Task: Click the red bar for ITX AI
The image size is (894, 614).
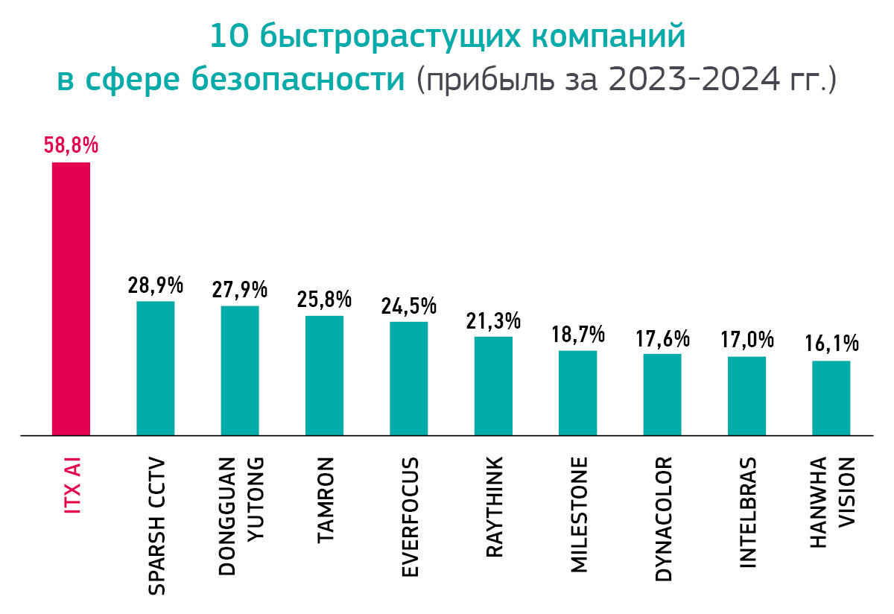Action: pyautogui.click(x=71, y=298)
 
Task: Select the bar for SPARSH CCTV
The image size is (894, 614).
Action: pyautogui.click(x=155, y=368)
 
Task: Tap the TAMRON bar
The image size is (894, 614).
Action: pyautogui.click(x=324, y=376)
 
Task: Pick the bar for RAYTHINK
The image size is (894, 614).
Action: pyautogui.click(x=493, y=386)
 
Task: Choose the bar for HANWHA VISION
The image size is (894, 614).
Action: pyautogui.click(x=831, y=398)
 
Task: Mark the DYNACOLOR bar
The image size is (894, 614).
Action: pyautogui.click(x=662, y=394)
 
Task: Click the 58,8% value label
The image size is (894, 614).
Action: pyautogui.click(x=71, y=145)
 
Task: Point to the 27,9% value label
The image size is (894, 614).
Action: pyautogui.click(x=240, y=289)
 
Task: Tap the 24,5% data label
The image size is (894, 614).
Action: pyautogui.click(x=408, y=306)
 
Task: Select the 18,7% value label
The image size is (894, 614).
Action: pyautogui.click(x=577, y=334)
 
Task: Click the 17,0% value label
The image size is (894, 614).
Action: pyautogui.click(x=746, y=341)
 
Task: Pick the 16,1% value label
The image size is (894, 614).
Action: pyautogui.click(x=831, y=344)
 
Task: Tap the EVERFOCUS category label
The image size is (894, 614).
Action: pyautogui.click(x=410, y=516)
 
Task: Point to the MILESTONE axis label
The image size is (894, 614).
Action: pyautogui.click(x=579, y=514)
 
